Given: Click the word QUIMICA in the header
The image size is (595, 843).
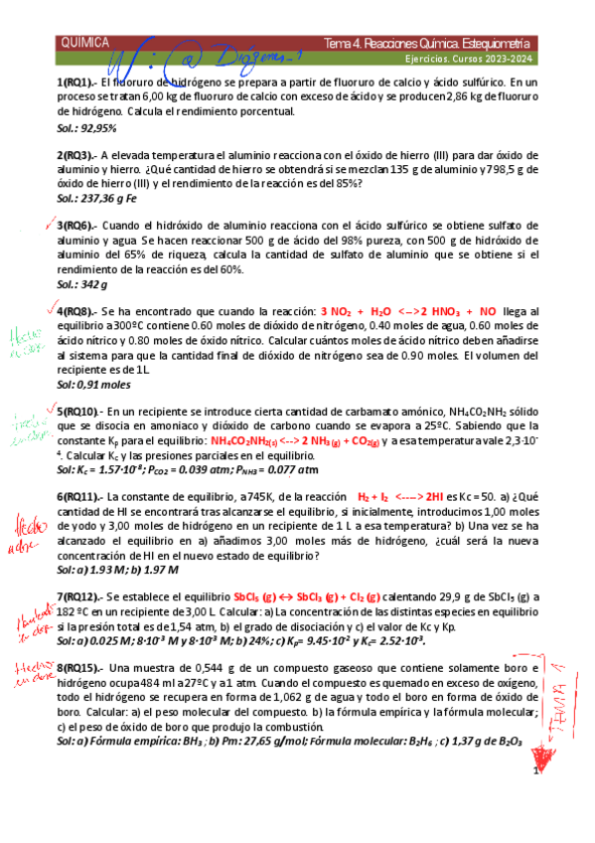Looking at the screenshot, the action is [85, 45].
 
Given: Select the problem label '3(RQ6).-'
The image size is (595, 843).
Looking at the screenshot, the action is [77, 227].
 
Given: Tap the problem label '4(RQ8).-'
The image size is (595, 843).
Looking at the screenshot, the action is [77, 311].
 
